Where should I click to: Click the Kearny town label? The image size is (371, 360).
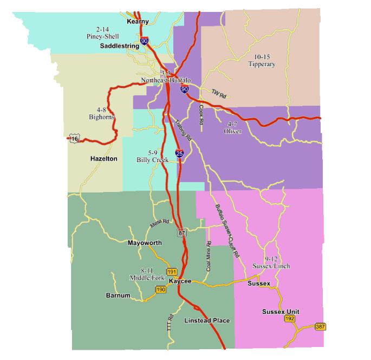pos(138,22)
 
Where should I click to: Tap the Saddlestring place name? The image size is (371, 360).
pos(120,47)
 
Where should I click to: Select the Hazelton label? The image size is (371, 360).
pos(103,159)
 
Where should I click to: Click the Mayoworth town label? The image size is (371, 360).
pos(145,243)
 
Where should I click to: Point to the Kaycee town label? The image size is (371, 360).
pos(180,281)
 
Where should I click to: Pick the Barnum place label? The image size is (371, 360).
pos(118,295)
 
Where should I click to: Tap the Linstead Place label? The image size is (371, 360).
pos(207,320)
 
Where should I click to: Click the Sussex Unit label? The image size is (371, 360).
pos(281,312)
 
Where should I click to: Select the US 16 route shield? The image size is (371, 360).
pos(74,139)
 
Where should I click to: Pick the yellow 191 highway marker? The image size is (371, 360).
pos(172,271)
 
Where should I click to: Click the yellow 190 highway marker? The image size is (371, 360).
pos(160,290)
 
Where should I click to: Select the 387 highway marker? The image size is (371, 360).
pos(320,326)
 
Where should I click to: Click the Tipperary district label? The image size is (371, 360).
pos(262,61)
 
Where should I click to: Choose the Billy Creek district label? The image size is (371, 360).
pos(152,157)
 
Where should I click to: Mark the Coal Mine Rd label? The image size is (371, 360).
pos(208,256)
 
